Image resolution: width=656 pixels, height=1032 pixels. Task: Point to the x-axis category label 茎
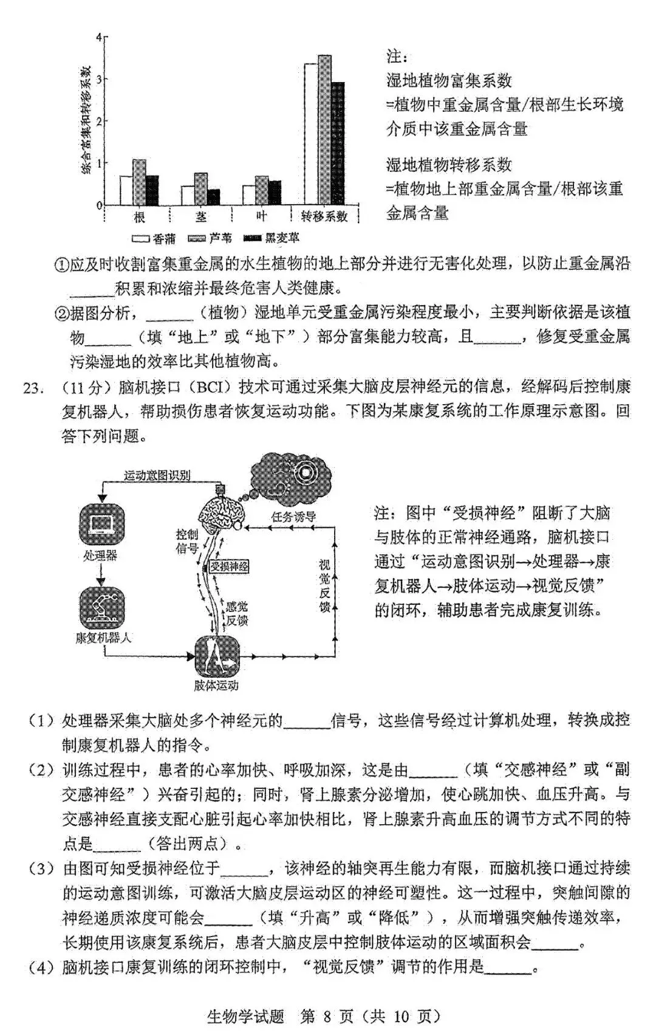[x=200, y=216]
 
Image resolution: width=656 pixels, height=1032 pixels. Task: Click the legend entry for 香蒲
[x=155, y=238]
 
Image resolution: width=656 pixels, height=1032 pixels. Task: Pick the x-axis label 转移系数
[x=325, y=216]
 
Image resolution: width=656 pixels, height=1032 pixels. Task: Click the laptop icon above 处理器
[x=101, y=524]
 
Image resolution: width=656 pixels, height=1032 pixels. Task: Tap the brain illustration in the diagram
[x=222, y=512]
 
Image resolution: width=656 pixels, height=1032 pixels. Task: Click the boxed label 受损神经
[x=229, y=566]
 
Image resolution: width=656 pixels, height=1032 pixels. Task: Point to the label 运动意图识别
[x=157, y=475]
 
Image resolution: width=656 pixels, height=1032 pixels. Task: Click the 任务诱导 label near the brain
[x=293, y=517]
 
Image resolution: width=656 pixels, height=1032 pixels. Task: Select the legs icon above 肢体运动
[x=216, y=655]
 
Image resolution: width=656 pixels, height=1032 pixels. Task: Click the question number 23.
[x=32, y=387]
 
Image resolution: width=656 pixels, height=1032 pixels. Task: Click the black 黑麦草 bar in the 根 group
[x=152, y=190]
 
